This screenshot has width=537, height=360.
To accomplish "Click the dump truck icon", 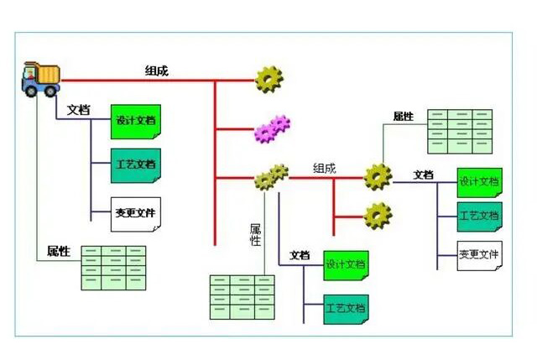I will coord(41,78).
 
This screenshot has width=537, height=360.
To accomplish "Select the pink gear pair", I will coord(271,128).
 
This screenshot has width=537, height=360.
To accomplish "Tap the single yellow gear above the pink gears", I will coord(268,79).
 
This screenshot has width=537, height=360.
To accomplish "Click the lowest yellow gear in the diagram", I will coord(378,216).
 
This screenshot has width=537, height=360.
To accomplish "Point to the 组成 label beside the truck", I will coord(156,71).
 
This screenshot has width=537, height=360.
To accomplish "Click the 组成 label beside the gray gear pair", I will coord(324,168).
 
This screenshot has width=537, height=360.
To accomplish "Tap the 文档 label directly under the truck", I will coord(79,110).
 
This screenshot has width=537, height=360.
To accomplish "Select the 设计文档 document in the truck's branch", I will coord(135,122).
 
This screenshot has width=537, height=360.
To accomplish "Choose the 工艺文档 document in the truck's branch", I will coord(135,164).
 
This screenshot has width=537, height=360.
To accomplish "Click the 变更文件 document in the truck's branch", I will coord(135,213).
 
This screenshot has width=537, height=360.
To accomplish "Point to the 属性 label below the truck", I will coord(59,251).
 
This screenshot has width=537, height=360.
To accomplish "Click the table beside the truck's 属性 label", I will coord(113,267).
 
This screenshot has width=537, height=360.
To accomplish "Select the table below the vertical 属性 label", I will coord(242,296).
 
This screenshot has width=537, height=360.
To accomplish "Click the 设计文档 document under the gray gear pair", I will coord(346,265).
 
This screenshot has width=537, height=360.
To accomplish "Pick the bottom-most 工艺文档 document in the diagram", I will coord(346,308).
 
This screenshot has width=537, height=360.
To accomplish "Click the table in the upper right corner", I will coord(459,130).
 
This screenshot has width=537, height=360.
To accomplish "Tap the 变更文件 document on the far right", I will coord(480,254).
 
